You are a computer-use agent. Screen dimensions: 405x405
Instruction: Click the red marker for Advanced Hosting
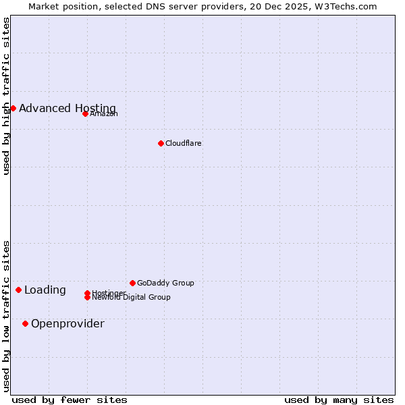(x=13, y=108)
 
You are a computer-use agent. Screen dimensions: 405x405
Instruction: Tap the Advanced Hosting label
(x=67, y=109)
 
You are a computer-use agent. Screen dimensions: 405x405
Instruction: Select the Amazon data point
(x=85, y=113)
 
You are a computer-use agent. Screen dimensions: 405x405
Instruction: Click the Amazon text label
(x=104, y=113)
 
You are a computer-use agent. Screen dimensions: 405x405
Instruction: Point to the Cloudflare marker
(x=161, y=143)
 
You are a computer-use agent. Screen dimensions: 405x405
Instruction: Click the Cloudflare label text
(x=184, y=143)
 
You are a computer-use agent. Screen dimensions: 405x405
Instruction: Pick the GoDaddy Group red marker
(x=132, y=283)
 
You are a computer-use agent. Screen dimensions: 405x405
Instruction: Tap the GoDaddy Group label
(x=165, y=283)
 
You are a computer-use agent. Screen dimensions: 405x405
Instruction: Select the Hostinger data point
(x=87, y=293)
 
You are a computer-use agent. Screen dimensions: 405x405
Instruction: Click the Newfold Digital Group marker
(x=87, y=298)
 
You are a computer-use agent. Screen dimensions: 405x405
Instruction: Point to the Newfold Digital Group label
(x=132, y=298)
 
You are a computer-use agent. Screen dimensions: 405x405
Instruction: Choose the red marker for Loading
(x=18, y=290)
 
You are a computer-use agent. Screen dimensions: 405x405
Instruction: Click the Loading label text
(x=45, y=290)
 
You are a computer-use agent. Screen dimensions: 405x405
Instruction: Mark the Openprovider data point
(x=25, y=324)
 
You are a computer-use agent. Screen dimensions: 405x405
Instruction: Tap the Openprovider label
(x=67, y=324)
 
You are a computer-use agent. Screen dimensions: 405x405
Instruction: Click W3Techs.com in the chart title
(x=348, y=6)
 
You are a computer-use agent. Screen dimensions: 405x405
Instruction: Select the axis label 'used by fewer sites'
(x=70, y=400)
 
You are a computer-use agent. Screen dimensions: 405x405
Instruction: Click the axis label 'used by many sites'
(x=339, y=400)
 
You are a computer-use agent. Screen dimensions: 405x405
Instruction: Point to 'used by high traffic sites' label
(x=6, y=96)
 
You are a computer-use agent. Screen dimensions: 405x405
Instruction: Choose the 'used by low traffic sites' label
(x=6, y=316)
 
